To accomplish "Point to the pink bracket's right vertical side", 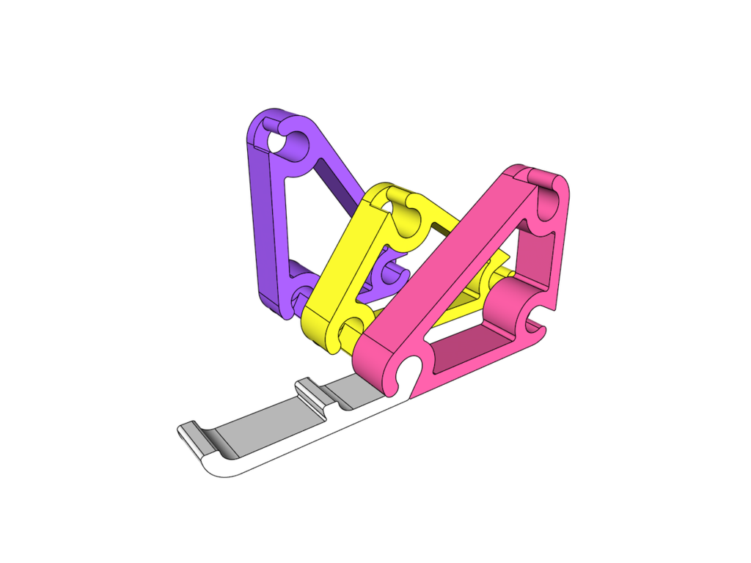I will point(561,242).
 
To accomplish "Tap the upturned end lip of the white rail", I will point(191,436).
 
